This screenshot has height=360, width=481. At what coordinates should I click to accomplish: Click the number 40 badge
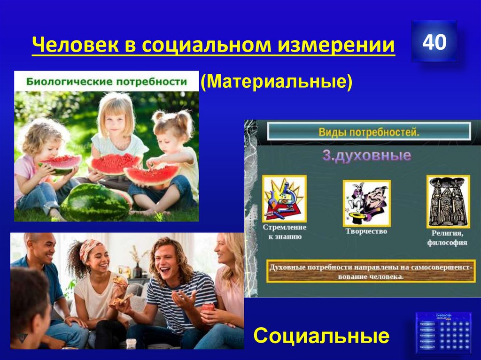[x=434, y=42]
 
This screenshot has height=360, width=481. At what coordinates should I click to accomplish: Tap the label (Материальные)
[x=276, y=82]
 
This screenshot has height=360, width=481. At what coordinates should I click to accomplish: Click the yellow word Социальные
[x=321, y=336]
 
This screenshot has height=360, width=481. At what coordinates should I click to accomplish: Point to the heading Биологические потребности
[x=106, y=81]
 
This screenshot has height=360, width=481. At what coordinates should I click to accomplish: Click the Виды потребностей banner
[x=368, y=132]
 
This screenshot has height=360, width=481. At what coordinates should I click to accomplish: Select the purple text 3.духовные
[x=366, y=155]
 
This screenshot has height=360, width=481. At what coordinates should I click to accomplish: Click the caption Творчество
[x=366, y=231]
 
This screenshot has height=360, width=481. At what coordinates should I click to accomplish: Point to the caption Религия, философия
[x=447, y=237]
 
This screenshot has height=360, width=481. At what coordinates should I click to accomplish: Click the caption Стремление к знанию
[x=285, y=232]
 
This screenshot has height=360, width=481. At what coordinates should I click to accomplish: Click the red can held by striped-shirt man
[x=208, y=308]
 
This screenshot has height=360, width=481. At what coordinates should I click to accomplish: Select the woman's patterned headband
[x=90, y=249]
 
